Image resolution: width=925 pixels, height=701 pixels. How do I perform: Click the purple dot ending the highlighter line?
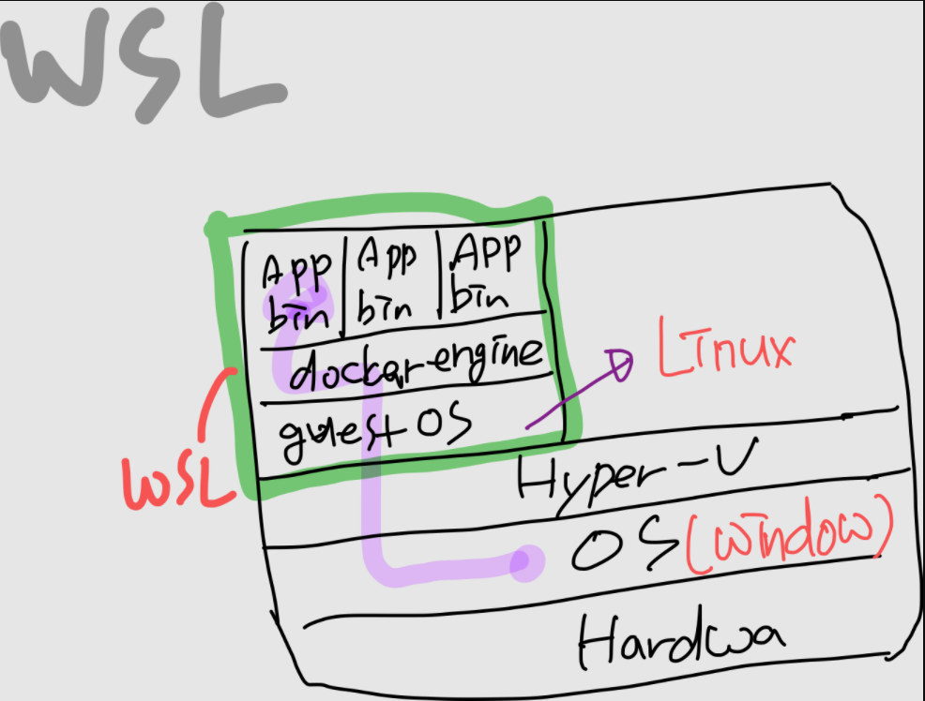coord(527,562)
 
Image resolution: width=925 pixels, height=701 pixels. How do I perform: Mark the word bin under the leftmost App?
coord(297,314)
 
